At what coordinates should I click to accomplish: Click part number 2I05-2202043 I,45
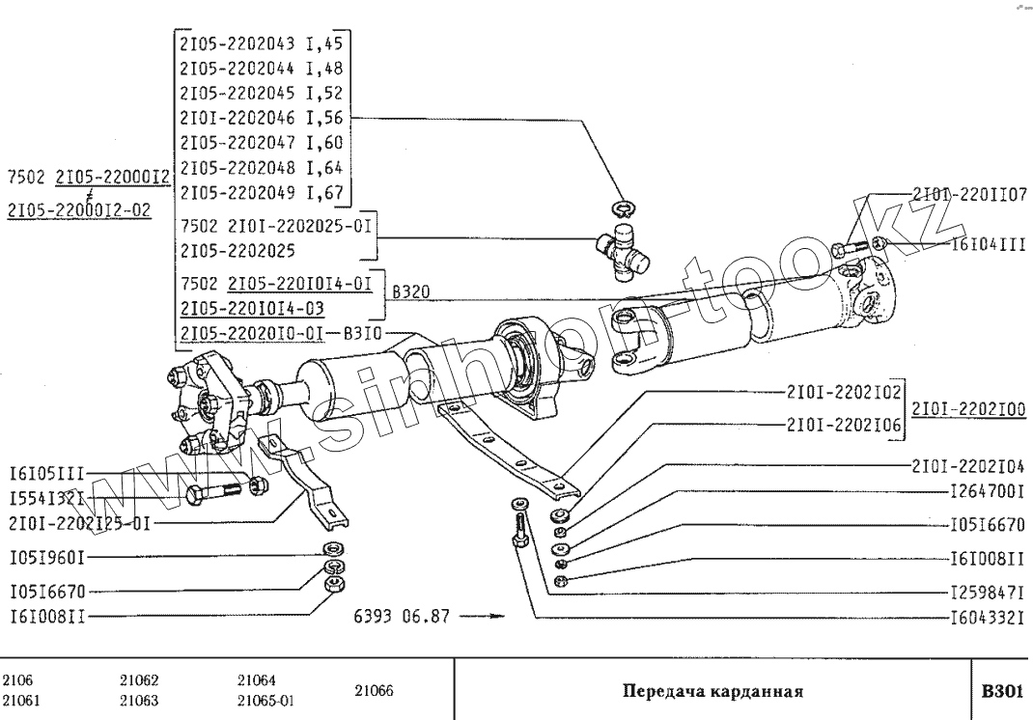point(263,43)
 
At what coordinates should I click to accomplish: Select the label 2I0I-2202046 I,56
point(263,119)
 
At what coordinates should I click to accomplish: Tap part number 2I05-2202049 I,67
point(263,193)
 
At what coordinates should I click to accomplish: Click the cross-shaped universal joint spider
point(622,246)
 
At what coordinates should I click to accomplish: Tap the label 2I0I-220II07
point(969,195)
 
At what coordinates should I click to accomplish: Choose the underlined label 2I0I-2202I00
point(968,409)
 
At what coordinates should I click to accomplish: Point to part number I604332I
point(988,616)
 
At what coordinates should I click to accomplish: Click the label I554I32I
point(46,499)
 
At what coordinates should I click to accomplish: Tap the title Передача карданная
point(713,691)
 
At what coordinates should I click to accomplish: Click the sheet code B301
point(1001,691)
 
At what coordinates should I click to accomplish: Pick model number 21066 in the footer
point(375,691)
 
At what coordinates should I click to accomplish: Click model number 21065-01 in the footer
point(265,701)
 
